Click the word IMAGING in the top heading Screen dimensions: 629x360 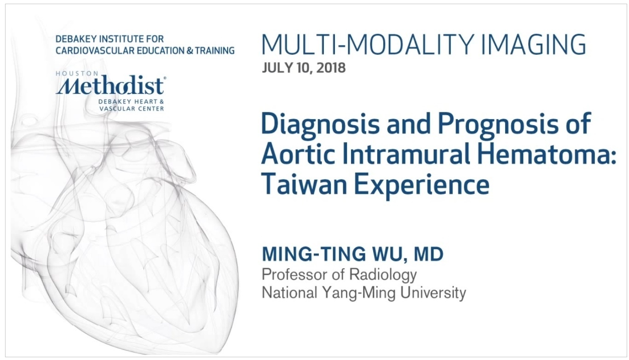534,44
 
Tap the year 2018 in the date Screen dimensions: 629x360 331,68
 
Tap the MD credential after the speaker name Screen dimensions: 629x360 428,254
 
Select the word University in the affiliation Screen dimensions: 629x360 433,293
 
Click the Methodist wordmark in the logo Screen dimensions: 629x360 110,85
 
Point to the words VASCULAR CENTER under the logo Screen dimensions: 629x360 132,109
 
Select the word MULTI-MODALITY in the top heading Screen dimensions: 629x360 368,44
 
